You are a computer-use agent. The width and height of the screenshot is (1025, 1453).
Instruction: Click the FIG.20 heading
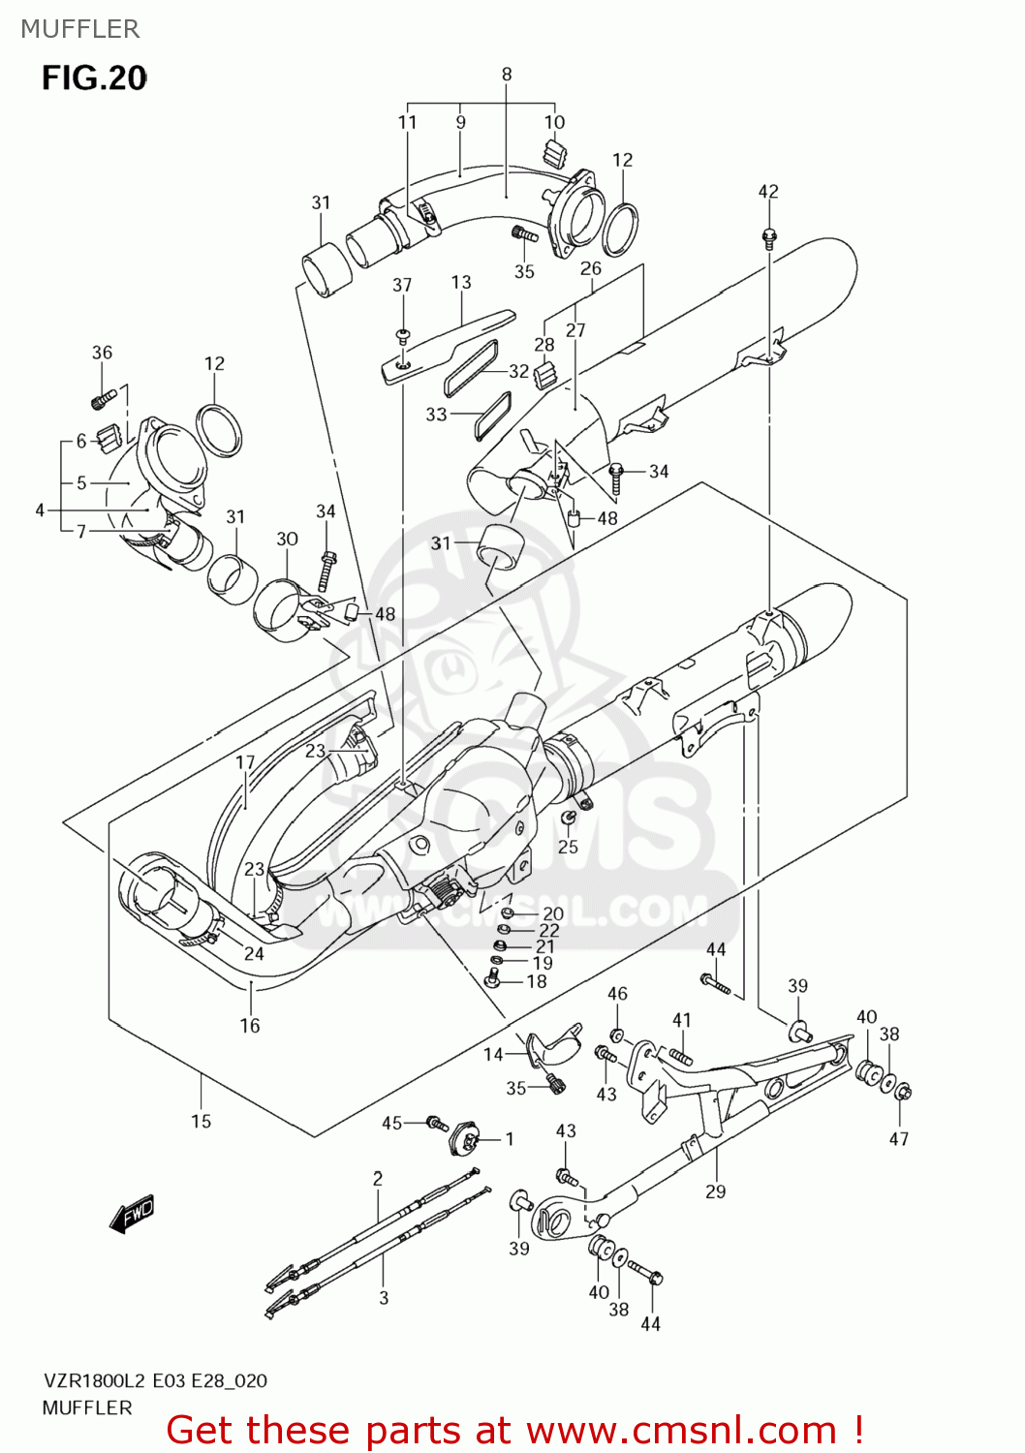pyautogui.click(x=94, y=77)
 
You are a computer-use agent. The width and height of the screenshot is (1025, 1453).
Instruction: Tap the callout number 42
pyautogui.click(x=767, y=192)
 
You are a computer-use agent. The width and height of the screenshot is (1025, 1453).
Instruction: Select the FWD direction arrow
pyautogui.click(x=133, y=1213)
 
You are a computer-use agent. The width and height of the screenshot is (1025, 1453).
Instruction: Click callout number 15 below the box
pyautogui.click(x=201, y=1121)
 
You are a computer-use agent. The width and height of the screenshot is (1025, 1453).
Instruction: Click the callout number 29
pyautogui.click(x=715, y=1191)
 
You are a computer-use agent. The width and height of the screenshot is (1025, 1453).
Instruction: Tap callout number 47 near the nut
pyautogui.click(x=899, y=1139)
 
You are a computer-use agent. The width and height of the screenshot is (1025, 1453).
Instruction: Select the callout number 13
pyautogui.click(x=461, y=282)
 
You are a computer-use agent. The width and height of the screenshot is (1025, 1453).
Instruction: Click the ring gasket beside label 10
pyautogui.click(x=620, y=228)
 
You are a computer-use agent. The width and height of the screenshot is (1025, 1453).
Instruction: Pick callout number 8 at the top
pyautogui.click(x=506, y=74)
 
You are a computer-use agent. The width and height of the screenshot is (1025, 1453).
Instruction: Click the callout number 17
pyautogui.click(x=245, y=762)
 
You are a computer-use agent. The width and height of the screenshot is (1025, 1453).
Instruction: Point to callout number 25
pyautogui.click(x=568, y=847)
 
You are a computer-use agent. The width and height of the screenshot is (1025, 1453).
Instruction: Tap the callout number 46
pyautogui.click(x=617, y=993)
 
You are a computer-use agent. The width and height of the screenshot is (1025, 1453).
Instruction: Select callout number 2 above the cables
pyautogui.click(x=378, y=1178)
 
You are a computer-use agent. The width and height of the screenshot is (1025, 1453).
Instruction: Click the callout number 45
pyautogui.click(x=391, y=1123)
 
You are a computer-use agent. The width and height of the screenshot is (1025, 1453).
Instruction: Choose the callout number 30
pyautogui.click(x=287, y=539)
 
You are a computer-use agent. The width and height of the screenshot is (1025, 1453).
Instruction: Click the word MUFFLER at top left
pyautogui.click(x=79, y=29)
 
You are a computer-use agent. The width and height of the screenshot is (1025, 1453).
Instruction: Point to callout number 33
pyautogui.click(x=436, y=415)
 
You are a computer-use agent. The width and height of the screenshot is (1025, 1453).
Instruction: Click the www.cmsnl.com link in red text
pyautogui.click(x=681, y=1430)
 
